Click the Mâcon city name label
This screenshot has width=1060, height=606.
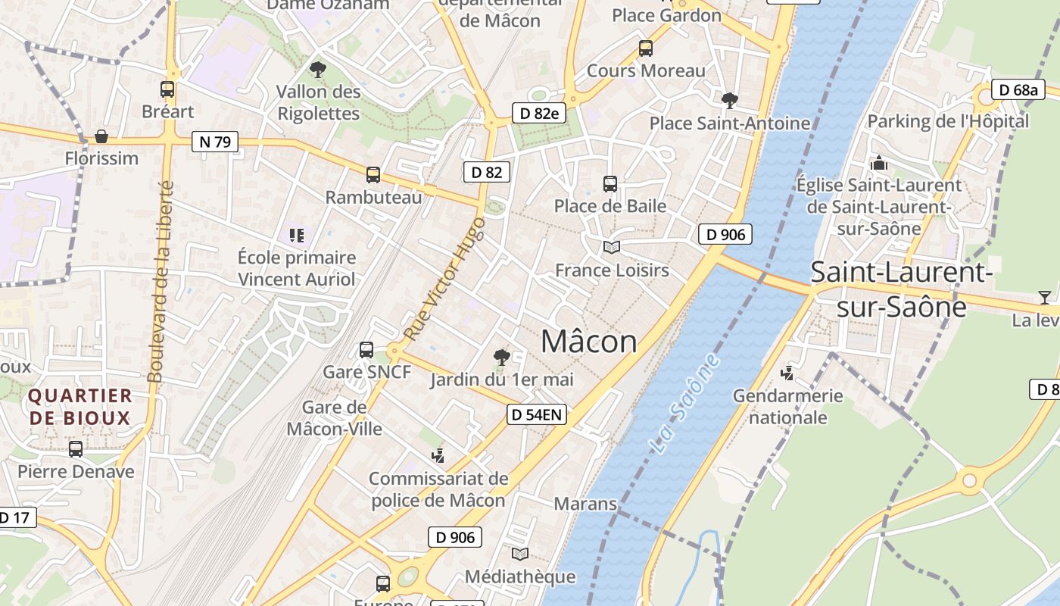pyautogui.click(x=589, y=342)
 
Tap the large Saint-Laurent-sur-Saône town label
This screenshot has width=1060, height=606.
pyautogui.click(x=901, y=289)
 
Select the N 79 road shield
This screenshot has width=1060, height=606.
pyautogui.click(x=215, y=141)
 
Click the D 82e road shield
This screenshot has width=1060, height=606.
pyautogui.click(x=539, y=114)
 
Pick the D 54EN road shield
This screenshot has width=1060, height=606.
pyautogui.click(x=536, y=414)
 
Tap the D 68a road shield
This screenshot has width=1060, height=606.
pyautogui.click(x=1017, y=90)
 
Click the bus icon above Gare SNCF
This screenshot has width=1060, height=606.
pyautogui.click(x=366, y=350)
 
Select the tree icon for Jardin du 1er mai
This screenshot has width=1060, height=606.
pyautogui.click(x=501, y=357)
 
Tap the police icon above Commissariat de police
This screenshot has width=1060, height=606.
pyautogui.click(x=438, y=455)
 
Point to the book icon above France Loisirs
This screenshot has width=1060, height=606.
pyautogui.click(x=611, y=247)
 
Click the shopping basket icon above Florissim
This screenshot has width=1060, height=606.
pyautogui.click(x=101, y=137)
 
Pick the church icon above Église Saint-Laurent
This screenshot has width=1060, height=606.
pyautogui.click(x=878, y=163)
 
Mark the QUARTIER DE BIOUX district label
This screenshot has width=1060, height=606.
pyautogui.click(x=79, y=406)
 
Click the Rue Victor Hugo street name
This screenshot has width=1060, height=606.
pyautogui.click(x=444, y=279)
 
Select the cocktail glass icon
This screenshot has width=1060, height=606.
pyautogui.click(x=1045, y=298)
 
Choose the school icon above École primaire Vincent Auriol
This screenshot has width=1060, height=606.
pyautogui.click(x=296, y=236)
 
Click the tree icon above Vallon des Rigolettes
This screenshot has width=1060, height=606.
pyautogui.click(x=318, y=70)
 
